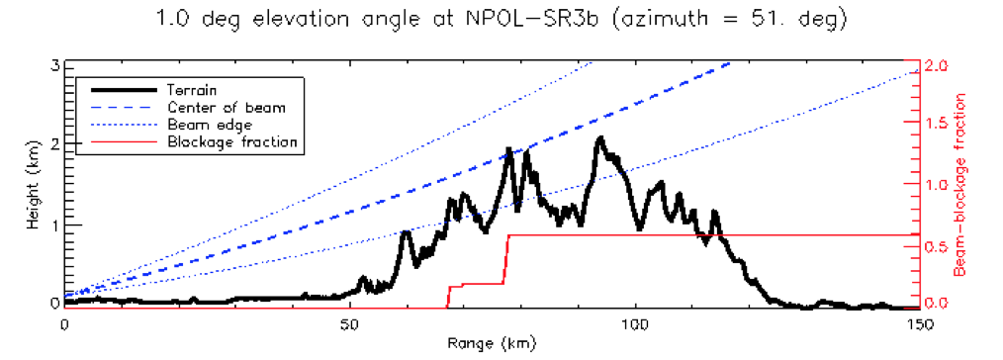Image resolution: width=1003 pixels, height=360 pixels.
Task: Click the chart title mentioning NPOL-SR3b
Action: coord(501,20)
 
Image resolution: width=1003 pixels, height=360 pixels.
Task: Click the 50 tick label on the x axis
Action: coord(349,323)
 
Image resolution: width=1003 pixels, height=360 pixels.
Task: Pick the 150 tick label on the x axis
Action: coord(919,323)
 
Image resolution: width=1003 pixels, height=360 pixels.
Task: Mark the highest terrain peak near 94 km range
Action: coord(599,138)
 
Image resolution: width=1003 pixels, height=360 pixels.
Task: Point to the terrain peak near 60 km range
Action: coord(405,232)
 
